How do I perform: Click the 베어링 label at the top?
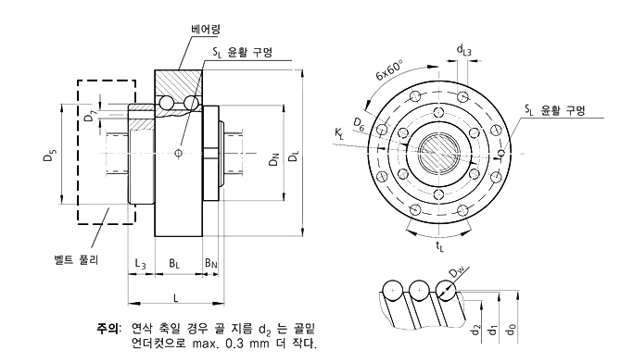pos(206,30)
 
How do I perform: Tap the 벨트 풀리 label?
pos(76,259)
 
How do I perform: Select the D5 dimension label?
pos(50,156)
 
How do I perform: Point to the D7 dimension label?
pos(90,116)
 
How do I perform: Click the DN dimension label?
pos(274,159)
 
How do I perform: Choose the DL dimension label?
pos(295,156)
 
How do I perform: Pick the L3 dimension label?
pos(141,264)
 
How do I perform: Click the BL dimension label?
pos(174,264)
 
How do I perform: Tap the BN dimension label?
pos(211,263)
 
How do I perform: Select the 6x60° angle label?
pos(389,69)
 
